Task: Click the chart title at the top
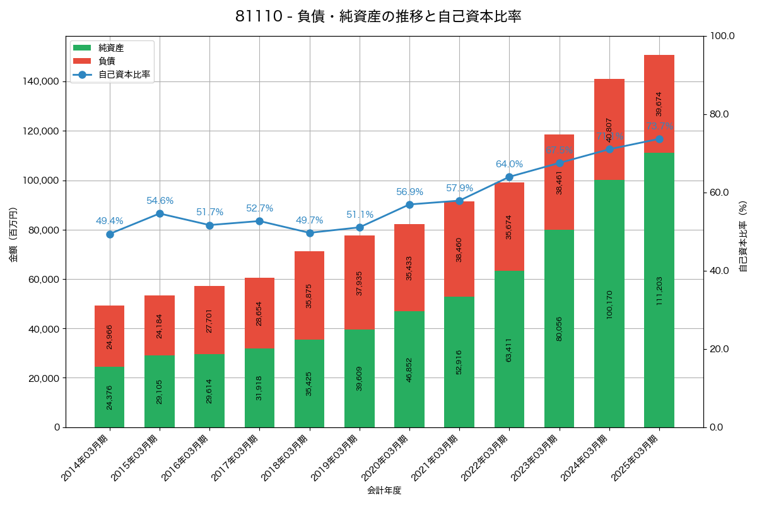(x=378, y=17)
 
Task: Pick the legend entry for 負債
(x=107, y=61)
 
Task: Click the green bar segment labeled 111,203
(x=659, y=290)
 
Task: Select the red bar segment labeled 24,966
(x=110, y=336)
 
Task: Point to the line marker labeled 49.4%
(x=110, y=234)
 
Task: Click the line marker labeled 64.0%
(x=509, y=177)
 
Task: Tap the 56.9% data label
(x=409, y=192)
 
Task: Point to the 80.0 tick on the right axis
(x=719, y=114)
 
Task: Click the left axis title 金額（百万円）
(x=13, y=235)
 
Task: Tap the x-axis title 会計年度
(x=384, y=490)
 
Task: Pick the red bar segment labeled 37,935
(x=360, y=282)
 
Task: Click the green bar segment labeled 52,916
(x=459, y=362)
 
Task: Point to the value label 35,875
(x=309, y=295)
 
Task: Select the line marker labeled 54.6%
(x=160, y=213)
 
